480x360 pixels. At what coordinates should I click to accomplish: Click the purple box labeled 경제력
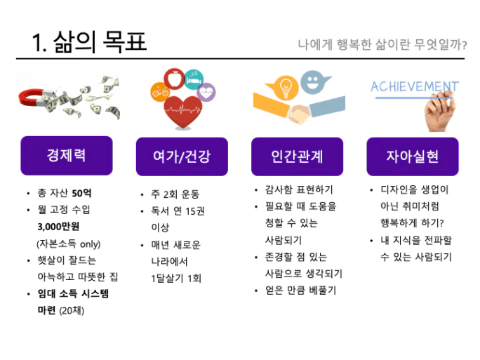[x=67, y=156]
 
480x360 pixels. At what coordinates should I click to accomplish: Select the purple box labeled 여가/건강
[x=182, y=156]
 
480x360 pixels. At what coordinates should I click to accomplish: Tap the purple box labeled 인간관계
[x=297, y=156]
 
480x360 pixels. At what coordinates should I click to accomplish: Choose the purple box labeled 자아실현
[x=413, y=156]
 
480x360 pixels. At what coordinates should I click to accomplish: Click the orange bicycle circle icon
[x=160, y=91]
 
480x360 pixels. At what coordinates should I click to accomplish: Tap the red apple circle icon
[x=174, y=79]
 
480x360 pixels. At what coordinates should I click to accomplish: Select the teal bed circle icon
[x=194, y=79]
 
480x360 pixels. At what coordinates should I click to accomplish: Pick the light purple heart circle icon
[x=206, y=92]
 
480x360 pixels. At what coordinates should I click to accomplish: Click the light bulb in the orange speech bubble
[x=286, y=86]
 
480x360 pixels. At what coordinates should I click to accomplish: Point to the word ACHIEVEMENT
[x=415, y=86]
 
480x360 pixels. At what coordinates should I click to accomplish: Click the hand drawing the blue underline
[x=440, y=112]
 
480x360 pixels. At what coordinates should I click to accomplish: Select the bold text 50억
[x=81, y=193]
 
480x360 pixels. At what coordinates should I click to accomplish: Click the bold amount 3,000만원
[x=58, y=227]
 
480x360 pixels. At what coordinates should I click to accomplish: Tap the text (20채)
[x=72, y=310]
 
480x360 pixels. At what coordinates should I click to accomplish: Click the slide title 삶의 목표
[x=100, y=41]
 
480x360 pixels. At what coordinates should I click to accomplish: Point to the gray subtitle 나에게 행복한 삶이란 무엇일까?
[x=382, y=45]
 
